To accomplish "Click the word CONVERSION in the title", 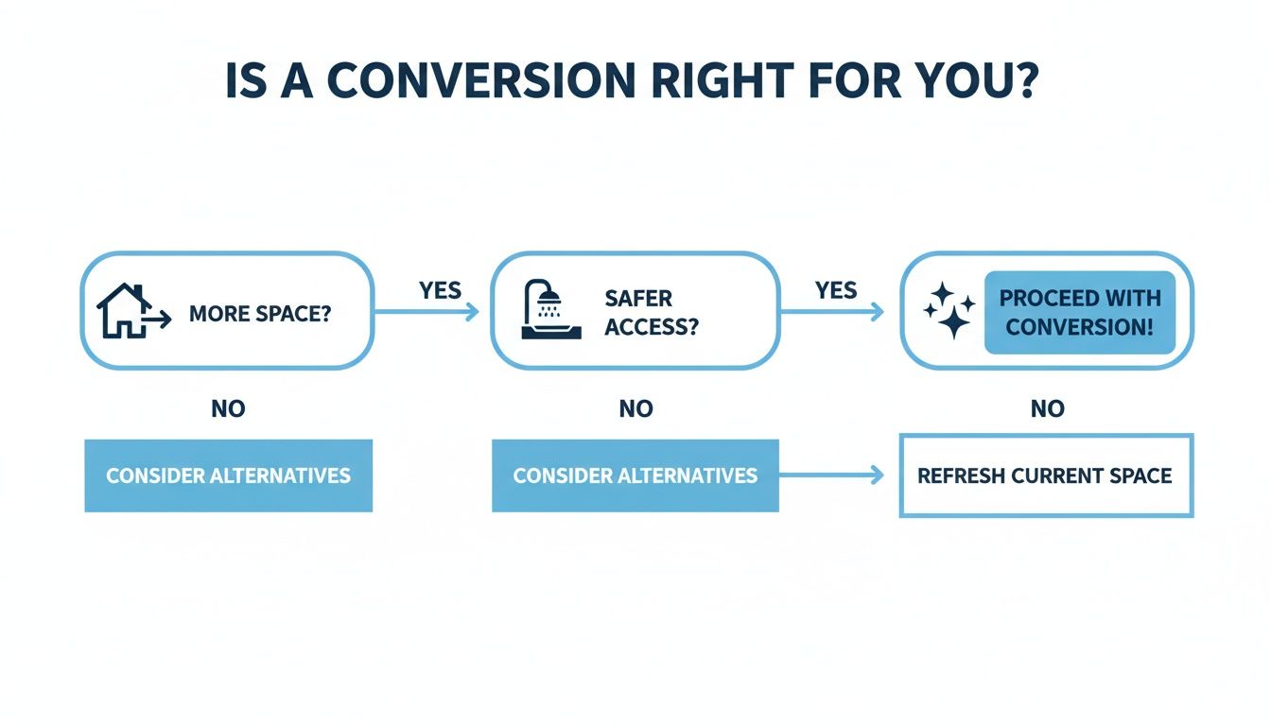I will point(481,82).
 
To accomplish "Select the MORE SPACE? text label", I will point(260,313).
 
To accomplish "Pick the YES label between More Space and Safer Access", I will point(440,289).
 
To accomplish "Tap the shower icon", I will point(545,310).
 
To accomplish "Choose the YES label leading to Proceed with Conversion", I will point(836,289).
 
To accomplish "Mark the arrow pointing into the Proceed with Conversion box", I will point(832,312).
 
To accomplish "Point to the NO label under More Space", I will point(228,408).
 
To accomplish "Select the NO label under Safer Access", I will point(635,408).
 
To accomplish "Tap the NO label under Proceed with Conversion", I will point(1047,408).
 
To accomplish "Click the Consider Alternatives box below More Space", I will point(228,475).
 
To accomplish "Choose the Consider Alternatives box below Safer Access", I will point(635,475).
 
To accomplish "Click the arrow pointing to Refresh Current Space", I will point(832,475).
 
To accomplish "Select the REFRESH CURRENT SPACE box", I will point(1045,475).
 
